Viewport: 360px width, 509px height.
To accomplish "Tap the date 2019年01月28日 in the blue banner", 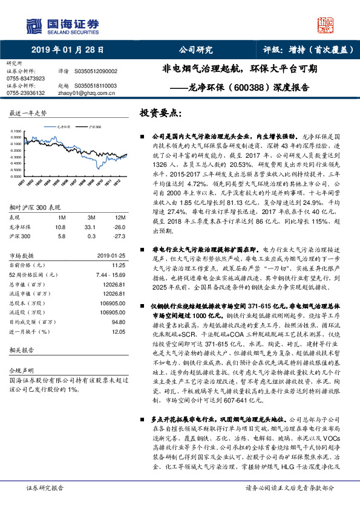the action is pos(67,50).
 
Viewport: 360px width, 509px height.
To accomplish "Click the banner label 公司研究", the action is pos(195,50).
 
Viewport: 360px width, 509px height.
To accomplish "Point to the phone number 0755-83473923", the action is pos(25,79).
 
